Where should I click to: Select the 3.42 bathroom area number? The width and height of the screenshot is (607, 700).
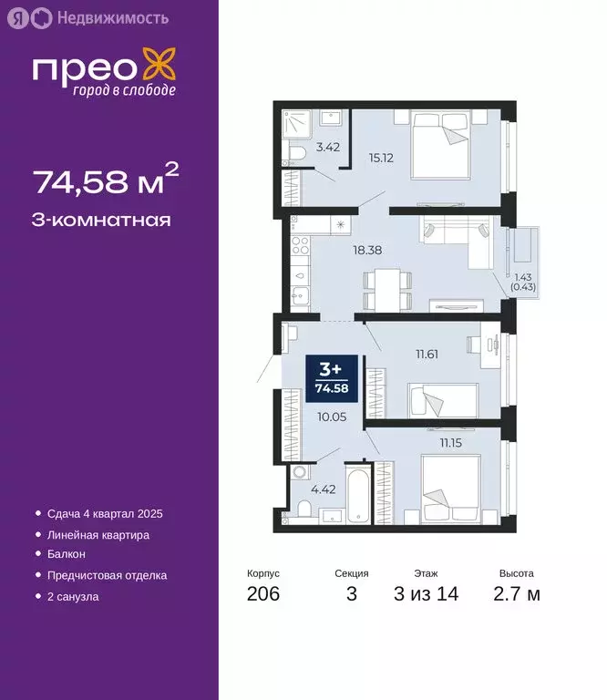(328, 146)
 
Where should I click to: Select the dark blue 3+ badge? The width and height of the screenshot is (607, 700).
(329, 376)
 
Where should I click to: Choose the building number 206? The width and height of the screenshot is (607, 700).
(262, 594)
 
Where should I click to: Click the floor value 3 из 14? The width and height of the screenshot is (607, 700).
(426, 594)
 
